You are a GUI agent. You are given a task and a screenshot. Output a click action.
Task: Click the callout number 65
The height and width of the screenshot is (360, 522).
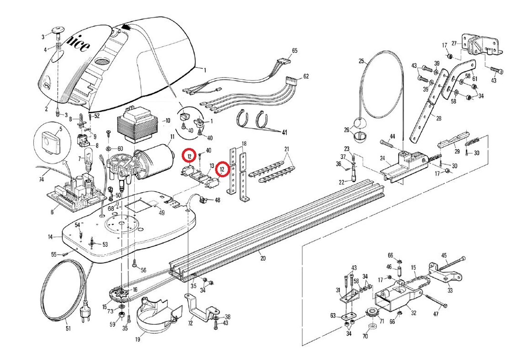pos(294,50)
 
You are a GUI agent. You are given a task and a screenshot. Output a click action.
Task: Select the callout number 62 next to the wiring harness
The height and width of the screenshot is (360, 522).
pos(306,76)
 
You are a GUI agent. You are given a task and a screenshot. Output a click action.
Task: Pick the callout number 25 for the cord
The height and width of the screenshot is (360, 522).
pos(361,61)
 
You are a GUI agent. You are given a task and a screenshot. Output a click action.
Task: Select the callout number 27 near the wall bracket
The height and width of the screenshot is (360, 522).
pos(454,43)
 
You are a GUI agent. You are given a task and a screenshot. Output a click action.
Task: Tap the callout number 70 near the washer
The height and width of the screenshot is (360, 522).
pos(365,336)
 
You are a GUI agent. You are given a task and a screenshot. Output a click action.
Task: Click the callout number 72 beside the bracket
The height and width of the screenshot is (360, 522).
pos(191,323)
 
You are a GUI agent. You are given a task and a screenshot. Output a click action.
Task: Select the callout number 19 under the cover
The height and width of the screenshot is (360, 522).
pos(137,340)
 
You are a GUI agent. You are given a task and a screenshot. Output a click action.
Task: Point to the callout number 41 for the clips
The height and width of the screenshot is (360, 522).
pos(285,131)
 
